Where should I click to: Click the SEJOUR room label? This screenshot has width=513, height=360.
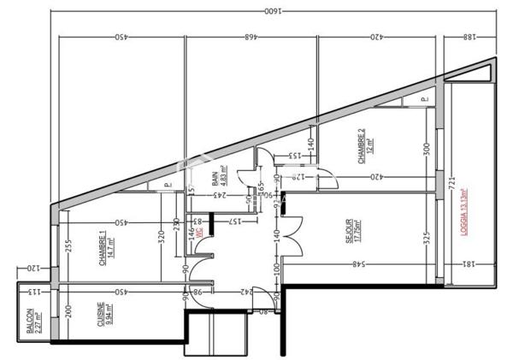(351, 232)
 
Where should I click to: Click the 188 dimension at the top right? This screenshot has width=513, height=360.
(469, 37)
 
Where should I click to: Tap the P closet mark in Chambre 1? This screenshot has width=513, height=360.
(167, 184)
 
